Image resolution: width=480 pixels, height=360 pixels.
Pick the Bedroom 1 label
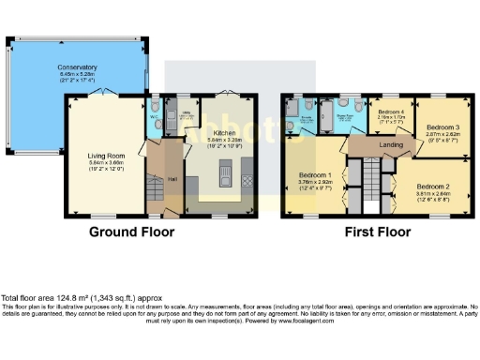(x=317, y=174)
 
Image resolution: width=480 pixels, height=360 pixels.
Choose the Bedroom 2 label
(x=434, y=186)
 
